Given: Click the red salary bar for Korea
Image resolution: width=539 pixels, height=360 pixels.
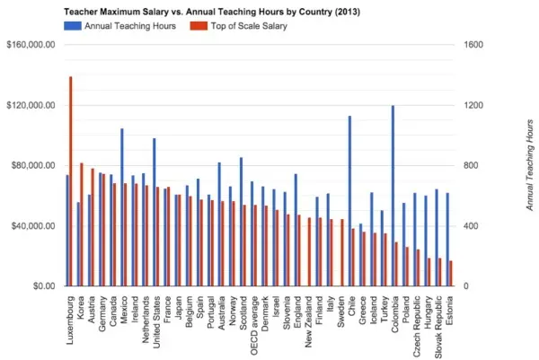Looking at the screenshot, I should pos(82,224).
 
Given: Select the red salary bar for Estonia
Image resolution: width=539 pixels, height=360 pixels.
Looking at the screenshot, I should pos(451,274).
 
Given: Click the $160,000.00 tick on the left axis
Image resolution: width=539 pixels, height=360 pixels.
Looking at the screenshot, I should pos(32,45).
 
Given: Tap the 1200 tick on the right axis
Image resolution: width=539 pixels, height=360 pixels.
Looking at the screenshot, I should pos(473,105).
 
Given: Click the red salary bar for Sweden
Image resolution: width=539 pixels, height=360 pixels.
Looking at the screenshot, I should pos(342,252).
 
